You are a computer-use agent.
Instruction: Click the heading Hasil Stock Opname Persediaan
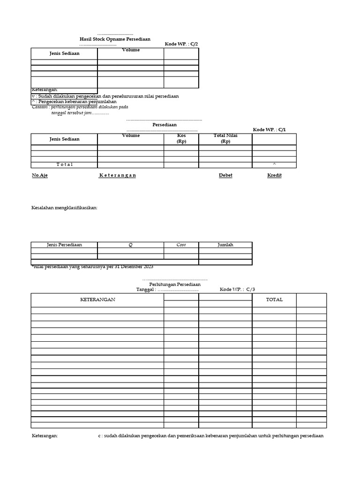(x=115, y=39)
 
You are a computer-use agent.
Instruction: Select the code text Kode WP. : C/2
(x=181, y=44)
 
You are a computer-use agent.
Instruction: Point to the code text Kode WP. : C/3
(x=237, y=289)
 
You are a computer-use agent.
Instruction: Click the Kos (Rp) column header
(x=181, y=138)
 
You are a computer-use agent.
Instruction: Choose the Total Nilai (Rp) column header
(x=225, y=138)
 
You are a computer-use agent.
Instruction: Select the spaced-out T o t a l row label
(x=65, y=165)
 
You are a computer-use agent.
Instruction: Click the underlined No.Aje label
(x=40, y=175)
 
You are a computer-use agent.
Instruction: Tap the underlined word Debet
(x=225, y=175)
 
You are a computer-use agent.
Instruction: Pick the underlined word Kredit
(x=274, y=175)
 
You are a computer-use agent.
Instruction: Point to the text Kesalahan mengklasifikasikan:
(x=64, y=208)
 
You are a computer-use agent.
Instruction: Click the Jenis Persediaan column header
(x=64, y=245)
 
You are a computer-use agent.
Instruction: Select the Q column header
(x=131, y=245)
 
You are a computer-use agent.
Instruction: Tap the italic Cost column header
(x=181, y=245)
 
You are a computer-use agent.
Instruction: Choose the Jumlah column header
(x=225, y=245)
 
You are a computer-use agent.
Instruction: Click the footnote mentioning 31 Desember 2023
(x=92, y=267)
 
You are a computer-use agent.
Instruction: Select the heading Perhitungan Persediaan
(x=175, y=284)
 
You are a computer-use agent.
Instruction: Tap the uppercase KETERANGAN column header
(x=97, y=300)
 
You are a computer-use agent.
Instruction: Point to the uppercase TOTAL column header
(x=274, y=300)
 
